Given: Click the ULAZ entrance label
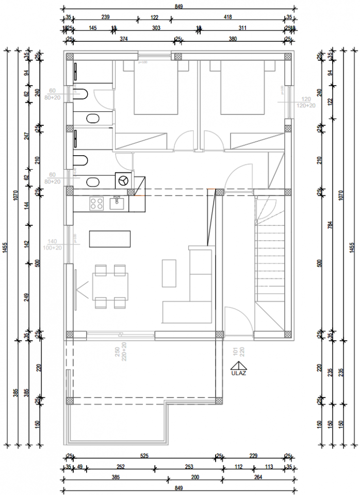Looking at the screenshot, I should pyautogui.click(x=238, y=374).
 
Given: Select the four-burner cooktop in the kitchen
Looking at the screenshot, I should pyautogui.click(x=96, y=204).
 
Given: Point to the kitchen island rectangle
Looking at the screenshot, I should pyautogui.click(x=109, y=239).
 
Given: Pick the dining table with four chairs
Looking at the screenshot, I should pyautogui.click(x=110, y=286).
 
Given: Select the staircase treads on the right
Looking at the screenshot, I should pyautogui.click(x=269, y=263).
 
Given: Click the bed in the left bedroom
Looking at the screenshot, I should pyautogui.click(x=156, y=88).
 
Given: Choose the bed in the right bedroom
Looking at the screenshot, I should pyautogui.click(x=243, y=88).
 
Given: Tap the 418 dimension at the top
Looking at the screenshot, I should pyautogui.click(x=227, y=18).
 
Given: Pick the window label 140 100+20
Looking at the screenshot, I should pyautogui.click(x=53, y=244).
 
